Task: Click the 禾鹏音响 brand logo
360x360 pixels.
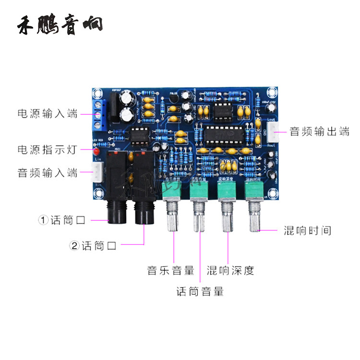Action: click(60, 25)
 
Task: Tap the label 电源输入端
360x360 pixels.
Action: click(47, 114)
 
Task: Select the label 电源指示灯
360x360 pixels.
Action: click(47, 149)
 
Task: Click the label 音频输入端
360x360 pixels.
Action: click(47, 172)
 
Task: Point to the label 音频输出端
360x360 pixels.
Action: click(319, 132)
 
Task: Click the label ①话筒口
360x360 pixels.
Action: click(62, 220)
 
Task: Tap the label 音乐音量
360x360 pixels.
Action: click(170, 270)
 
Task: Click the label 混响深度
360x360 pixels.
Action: click(230, 270)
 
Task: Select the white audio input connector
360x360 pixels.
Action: click(97, 170)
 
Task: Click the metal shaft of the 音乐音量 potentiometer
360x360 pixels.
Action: click(171, 218)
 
